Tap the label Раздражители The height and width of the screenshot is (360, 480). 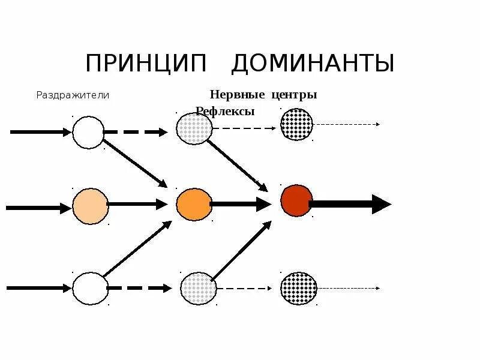click(73, 95)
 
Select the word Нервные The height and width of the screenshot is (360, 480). click(234, 95)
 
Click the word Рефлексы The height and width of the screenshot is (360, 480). click(226, 111)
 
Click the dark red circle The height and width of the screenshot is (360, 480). click(296, 200)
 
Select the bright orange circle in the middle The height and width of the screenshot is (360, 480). click(193, 204)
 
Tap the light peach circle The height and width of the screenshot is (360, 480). click(91, 206)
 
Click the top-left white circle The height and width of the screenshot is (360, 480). click(88, 132)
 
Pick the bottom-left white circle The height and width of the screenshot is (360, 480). click(89, 288)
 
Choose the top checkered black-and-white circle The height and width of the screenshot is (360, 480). click(297, 125)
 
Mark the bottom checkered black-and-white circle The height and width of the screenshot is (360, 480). click(298, 288)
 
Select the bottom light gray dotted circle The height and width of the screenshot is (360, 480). click(197, 288)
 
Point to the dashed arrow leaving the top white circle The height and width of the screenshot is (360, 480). click(136, 132)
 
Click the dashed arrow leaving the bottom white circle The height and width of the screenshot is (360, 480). click(139, 289)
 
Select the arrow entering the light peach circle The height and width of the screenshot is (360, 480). click(39, 208)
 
